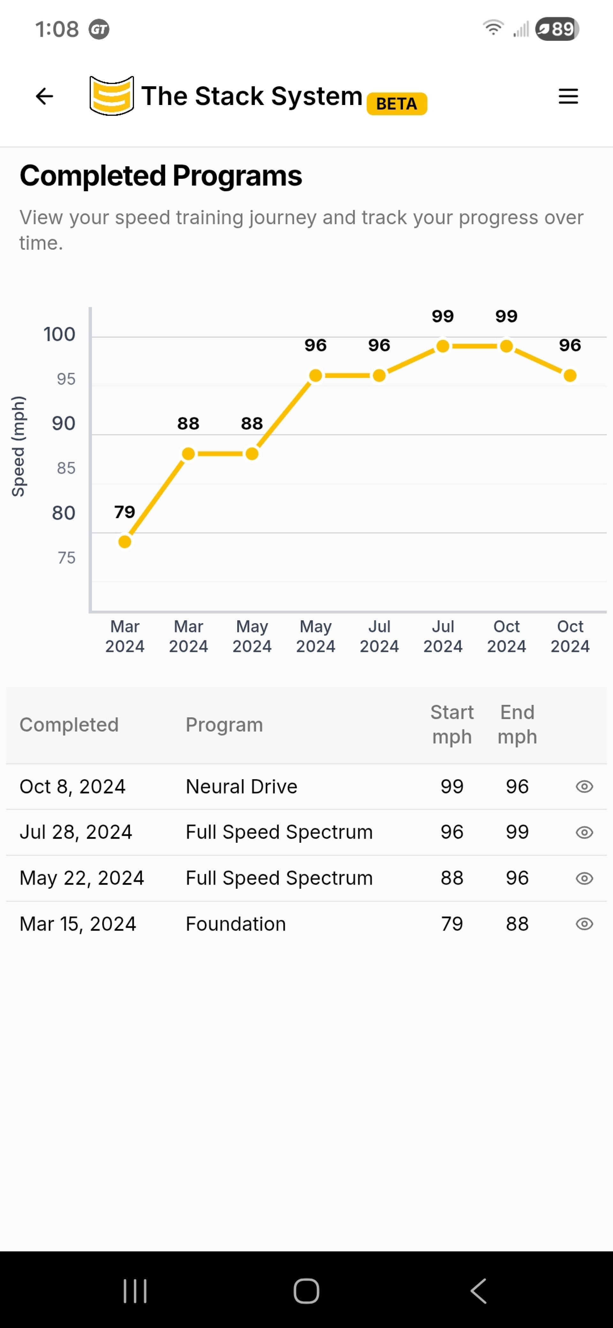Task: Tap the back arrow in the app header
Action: tap(44, 96)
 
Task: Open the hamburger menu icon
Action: tap(568, 96)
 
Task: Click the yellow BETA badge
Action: tap(397, 104)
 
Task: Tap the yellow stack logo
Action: tap(111, 96)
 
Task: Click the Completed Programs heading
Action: tap(161, 176)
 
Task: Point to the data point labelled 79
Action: tap(125, 541)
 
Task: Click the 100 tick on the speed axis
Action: tap(59, 334)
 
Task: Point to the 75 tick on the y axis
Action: tap(66, 557)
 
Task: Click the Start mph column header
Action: tap(452, 724)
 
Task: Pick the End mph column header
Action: tap(517, 724)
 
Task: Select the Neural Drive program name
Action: tap(241, 787)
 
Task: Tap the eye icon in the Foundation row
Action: tap(584, 924)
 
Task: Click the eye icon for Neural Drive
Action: tap(584, 787)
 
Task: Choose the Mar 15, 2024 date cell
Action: tap(78, 924)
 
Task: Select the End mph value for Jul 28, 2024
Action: tap(517, 832)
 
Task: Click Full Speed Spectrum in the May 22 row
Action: tap(279, 878)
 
